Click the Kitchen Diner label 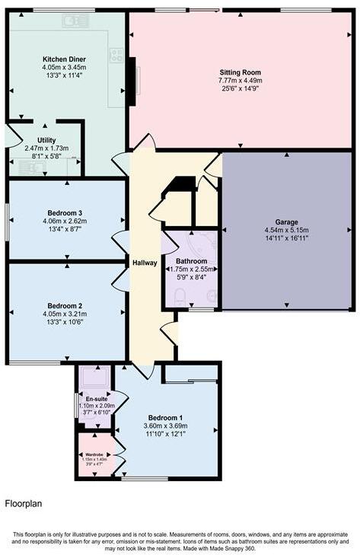pos(64,59)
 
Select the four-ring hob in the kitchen pos(117,55)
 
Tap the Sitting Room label pos(241,71)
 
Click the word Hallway pos(145,263)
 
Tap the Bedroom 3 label pos(65,212)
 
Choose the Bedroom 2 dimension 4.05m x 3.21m pos(65,314)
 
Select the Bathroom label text pos(192,260)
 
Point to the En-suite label pos(95,399)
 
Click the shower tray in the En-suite pos(95,377)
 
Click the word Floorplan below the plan pos(24,503)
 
